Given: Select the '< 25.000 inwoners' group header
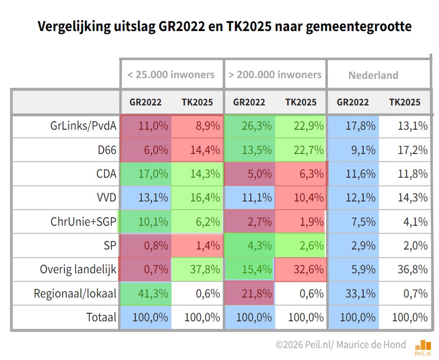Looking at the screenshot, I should [x=171, y=75].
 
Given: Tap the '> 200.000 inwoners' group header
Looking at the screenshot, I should [x=275, y=75].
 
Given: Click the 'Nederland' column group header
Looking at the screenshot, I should [x=373, y=75].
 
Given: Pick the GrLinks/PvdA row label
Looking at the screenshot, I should [x=83, y=126].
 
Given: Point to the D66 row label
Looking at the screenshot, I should [x=107, y=150].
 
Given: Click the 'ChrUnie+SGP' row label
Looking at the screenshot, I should [x=83, y=222].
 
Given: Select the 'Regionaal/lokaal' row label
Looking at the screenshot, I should [x=75, y=293].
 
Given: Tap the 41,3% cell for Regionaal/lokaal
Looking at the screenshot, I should [x=153, y=294].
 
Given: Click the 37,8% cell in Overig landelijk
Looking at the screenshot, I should [x=205, y=270].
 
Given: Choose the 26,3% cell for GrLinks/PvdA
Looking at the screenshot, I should [x=257, y=126].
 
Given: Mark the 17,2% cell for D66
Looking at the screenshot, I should [x=412, y=150].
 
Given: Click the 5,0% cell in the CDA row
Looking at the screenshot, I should [x=259, y=174].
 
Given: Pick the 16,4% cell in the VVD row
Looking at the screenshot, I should [x=205, y=198].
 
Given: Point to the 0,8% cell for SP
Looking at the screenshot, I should [x=156, y=246].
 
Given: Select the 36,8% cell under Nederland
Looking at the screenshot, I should [x=412, y=270].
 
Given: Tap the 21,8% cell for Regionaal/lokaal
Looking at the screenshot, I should [x=257, y=294].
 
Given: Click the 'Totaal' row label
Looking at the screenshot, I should [x=101, y=318].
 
